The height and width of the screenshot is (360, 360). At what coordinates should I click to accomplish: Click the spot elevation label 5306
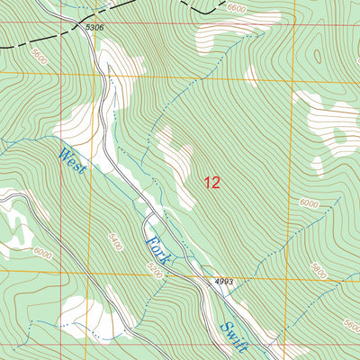[95, 28]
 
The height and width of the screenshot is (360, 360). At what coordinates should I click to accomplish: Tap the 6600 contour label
[237, 8]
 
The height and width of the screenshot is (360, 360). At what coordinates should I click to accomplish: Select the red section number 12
[211, 183]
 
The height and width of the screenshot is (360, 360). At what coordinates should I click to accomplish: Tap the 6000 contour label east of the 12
[309, 204]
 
